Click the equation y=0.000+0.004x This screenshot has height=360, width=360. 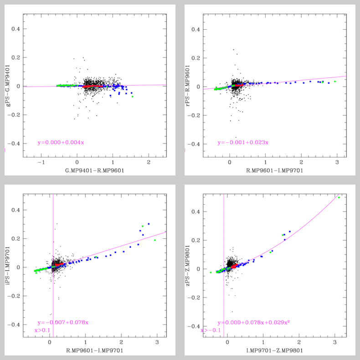[x=61, y=143]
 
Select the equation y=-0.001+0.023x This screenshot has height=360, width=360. [x=243, y=143]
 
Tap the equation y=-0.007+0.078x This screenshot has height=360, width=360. [x=63, y=323]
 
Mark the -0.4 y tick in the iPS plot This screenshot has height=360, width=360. [x=14, y=325]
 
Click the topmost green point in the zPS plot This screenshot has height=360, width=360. [x=339, y=197]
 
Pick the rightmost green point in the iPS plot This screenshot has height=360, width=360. [x=155, y=240]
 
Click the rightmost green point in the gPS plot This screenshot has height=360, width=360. [x=133, y=97]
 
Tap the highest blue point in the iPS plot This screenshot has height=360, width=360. [x=149, y=224]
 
